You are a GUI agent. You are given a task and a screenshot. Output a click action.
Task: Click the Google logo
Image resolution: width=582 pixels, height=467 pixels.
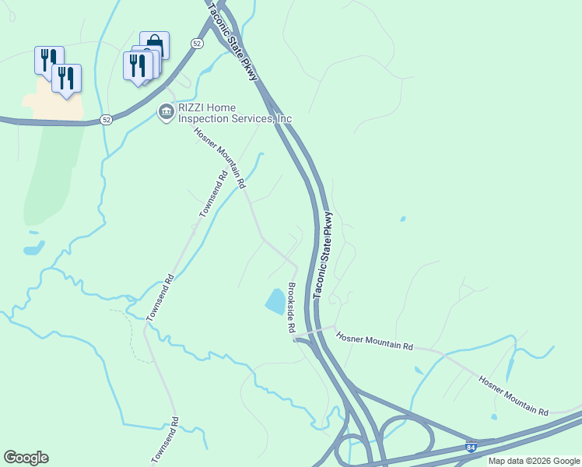26,458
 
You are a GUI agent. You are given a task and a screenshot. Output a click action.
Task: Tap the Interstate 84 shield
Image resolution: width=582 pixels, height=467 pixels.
470,448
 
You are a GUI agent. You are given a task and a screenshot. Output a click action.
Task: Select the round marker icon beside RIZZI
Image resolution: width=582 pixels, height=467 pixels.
166,113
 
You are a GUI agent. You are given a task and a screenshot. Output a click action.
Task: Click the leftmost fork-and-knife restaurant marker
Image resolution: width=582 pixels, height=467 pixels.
47,60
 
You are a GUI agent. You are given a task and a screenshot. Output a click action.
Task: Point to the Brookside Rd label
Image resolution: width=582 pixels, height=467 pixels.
289,309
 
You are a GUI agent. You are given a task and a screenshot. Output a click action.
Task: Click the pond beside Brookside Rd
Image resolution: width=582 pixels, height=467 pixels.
275,301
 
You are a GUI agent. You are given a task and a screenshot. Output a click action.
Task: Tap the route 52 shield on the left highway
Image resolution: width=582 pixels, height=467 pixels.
106,120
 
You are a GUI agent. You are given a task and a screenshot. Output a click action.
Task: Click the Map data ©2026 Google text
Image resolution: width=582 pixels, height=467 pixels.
534,461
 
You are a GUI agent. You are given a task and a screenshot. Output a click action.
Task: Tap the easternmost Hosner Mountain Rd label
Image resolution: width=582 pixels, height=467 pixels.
514,395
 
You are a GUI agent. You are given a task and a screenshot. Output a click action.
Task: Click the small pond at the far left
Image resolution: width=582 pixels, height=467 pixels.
33,249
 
